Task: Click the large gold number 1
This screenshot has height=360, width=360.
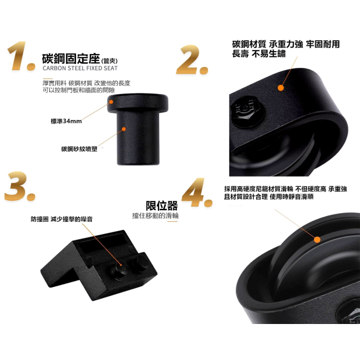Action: click(x=19, y=56)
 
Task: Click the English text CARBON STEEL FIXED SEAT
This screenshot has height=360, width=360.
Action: click(x=80, y=68)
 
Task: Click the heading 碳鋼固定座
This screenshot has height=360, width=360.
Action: click(x=71, y=59)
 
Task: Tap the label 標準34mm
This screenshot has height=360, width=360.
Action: click(x=66, y=121)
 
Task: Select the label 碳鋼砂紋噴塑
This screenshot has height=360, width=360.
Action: click(x=79, y=149)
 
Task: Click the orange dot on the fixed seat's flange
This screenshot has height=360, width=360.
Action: click(x=111, y=102)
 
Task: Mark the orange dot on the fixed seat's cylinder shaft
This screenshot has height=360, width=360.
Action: click(x=124, y=129)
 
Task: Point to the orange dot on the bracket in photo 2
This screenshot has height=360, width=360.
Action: click(x=280, y=88)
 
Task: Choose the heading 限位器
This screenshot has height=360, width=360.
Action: click(x=161, y=206)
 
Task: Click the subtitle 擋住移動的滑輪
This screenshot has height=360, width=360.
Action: click(x=155, y=216)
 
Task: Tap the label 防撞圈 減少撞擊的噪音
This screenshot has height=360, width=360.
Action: click(x=62, y=219)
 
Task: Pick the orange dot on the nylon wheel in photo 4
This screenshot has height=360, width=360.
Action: click(x=317, y=240)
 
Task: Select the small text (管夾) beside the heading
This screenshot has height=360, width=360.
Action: click(x=109, y=61)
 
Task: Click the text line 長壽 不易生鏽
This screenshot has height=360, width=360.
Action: click(x=258, y=54)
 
